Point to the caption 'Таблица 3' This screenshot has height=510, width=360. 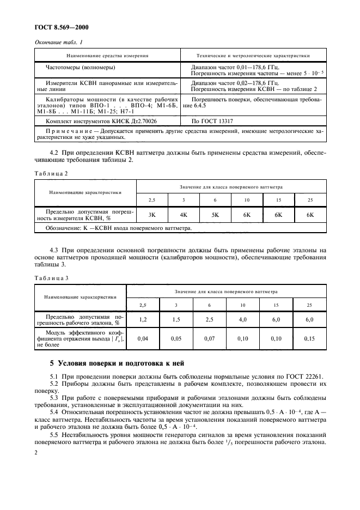click(x=51, y=277)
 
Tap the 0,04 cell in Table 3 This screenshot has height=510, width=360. click(x=143, y=338)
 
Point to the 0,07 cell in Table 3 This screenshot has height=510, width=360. click(x=209, y=338)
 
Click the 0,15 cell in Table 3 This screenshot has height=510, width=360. click(x=309, y=338)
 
